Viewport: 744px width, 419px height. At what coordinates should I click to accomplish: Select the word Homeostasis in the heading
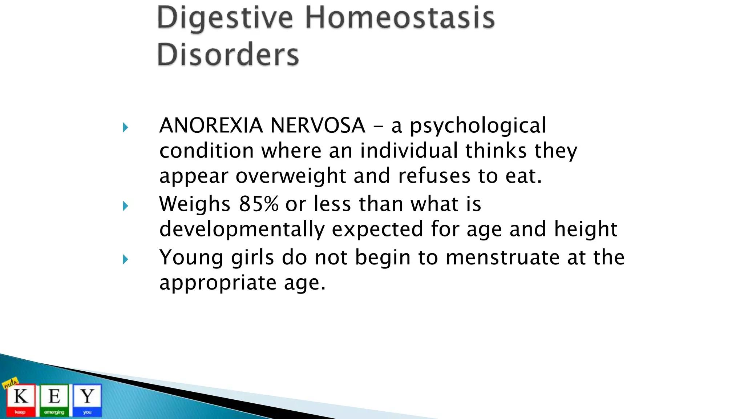tap(399, 18)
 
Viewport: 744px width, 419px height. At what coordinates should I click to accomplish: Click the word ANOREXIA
tap(211, 125)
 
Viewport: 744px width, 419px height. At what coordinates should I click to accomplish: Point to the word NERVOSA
tap(318, 125)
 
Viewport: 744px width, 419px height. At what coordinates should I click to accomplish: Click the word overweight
tap(291, 176)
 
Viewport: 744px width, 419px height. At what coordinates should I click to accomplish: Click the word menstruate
tap(502, 258)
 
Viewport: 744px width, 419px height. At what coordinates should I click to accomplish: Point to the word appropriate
tap(218, 283)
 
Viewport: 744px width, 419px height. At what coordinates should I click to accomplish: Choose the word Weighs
tap(195, 204)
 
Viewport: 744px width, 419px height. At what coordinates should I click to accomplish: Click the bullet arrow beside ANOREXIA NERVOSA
tap(125, 127)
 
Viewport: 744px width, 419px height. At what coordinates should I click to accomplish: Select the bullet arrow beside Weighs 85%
tap(125, 206)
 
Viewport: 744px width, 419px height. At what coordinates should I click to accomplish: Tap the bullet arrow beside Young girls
tap(125, 259)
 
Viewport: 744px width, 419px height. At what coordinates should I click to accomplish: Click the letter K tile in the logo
tap(21, 399)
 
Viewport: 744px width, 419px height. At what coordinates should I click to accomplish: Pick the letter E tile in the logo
tap(54, 399)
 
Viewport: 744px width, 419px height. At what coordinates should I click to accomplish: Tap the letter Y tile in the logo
tap(87, 399)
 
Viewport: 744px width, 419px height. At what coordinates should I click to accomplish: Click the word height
tap(585, 230)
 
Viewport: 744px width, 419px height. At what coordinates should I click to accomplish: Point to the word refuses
tap(434, 176)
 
